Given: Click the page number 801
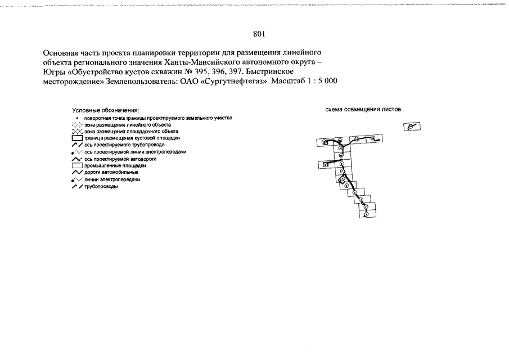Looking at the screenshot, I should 258,34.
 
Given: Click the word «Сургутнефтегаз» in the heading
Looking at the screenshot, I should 233,81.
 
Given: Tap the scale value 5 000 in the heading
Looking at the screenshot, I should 326,81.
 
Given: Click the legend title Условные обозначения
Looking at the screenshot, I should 105,110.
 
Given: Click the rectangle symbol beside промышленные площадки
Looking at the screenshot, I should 77,166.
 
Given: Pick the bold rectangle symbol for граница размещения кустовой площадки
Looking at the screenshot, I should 77,138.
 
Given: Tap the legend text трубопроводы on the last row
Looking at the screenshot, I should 102,187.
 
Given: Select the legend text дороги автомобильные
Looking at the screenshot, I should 111,173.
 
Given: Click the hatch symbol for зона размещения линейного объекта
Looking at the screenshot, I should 77,124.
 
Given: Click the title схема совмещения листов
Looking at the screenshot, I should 363,110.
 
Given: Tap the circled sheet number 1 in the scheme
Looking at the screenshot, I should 366,214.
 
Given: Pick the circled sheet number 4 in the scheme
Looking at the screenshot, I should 355,192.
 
